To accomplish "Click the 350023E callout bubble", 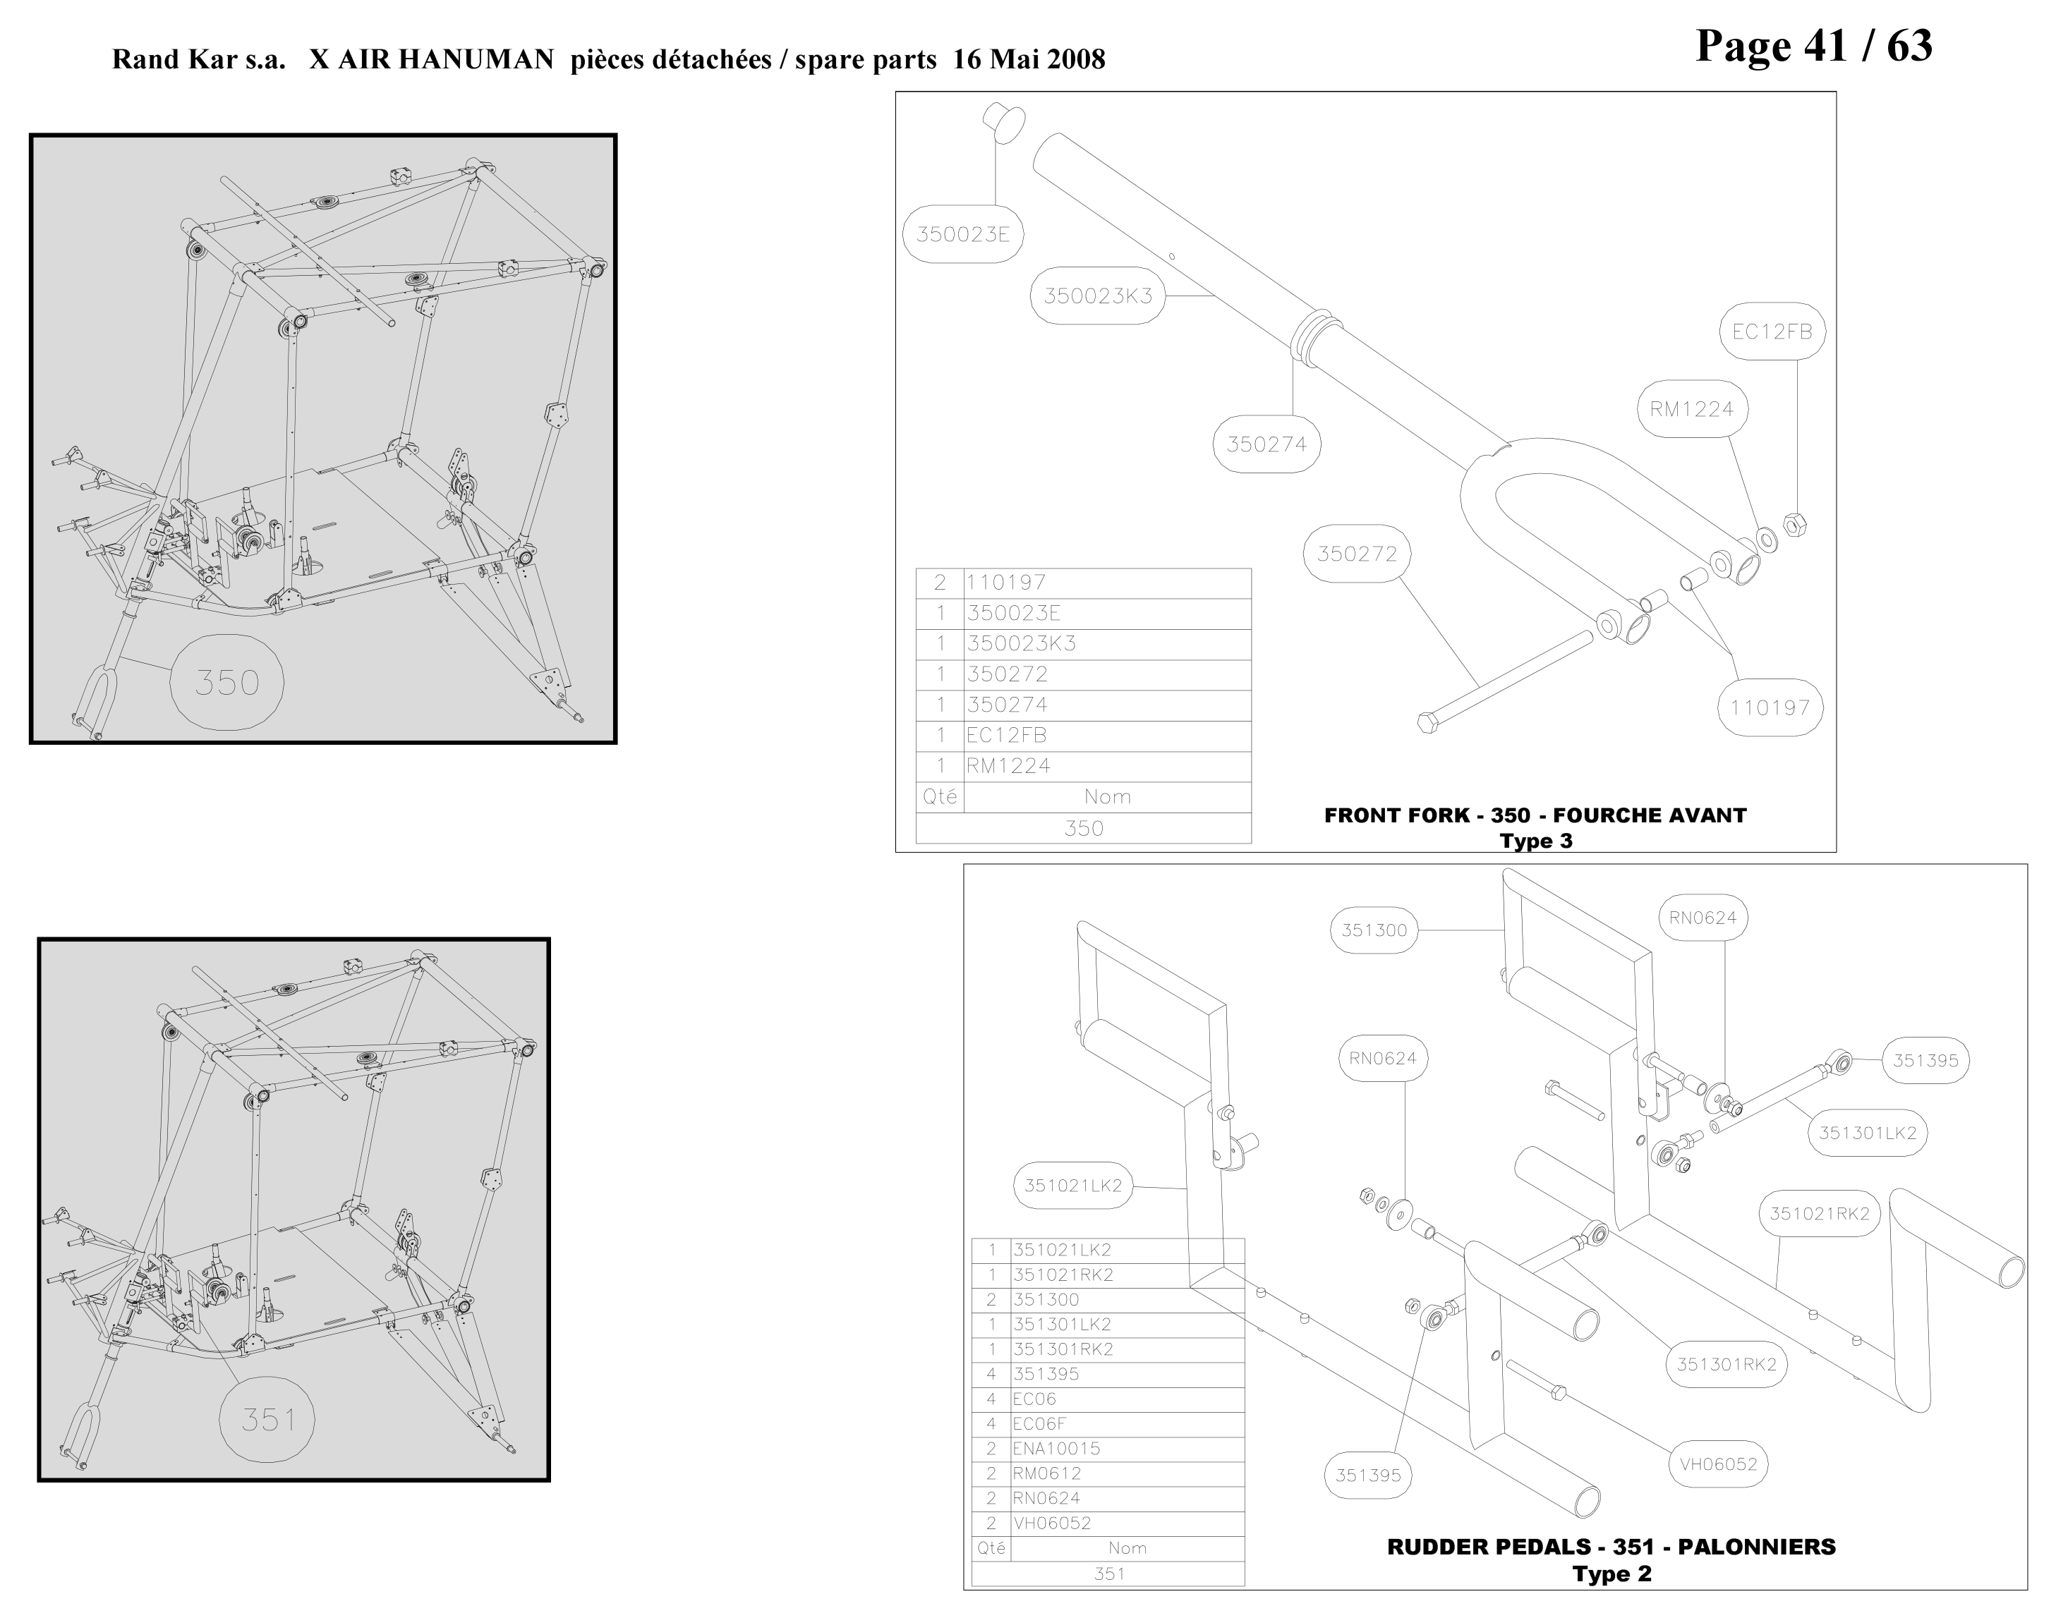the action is pos(962,235).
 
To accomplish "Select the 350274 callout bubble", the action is pos(1266,444).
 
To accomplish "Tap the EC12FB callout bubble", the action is pos(1772,331).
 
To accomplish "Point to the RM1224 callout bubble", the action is pos(1691,409).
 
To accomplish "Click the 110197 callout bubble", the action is pos(1770,707).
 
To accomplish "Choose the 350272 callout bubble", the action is pos(1357,554).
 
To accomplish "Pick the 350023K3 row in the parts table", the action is pos(1083,644).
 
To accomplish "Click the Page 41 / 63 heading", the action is pos(1813,45).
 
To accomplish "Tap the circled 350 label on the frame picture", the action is pos(226,682).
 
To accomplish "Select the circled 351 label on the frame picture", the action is pos(268,1420).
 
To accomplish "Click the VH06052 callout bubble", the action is pos(1718,1464).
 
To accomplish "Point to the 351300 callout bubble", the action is pos(1374,930).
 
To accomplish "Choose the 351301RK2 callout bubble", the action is pos(1727,1364).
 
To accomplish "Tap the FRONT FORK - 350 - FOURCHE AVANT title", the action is pos(1535,815).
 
